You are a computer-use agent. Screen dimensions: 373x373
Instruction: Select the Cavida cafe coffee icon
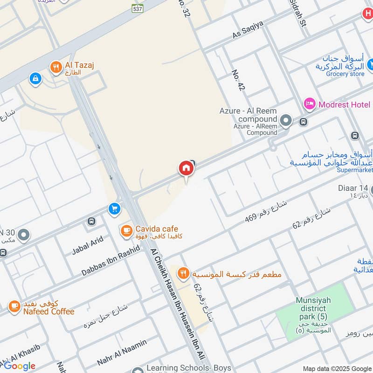[x=125, y=230]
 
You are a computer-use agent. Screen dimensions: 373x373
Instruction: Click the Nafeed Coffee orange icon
[x=14, y=307]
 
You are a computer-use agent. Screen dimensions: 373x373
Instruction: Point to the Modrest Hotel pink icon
[x=309, y=104]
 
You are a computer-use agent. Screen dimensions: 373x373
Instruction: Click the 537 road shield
[x=138, y=8]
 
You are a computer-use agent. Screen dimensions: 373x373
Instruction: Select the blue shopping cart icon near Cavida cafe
[x=114, y=209]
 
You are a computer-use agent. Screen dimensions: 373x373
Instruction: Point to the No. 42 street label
[x=238, y=80]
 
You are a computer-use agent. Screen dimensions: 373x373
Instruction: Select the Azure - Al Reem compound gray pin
[x=286, y=122]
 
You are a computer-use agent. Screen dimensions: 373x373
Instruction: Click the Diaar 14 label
[x=353, y=188]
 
